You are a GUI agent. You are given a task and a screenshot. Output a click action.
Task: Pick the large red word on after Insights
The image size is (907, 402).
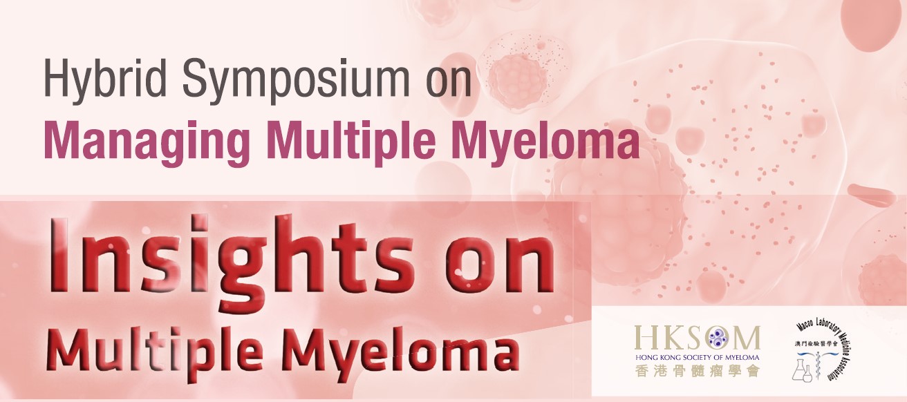tap(499, 264)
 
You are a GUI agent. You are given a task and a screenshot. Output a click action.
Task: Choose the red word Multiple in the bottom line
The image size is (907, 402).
tap(154, 351)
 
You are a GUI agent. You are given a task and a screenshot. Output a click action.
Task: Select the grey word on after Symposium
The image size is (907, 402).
tap(449, 83)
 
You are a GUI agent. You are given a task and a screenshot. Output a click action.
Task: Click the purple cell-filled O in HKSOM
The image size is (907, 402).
tap(718, 338)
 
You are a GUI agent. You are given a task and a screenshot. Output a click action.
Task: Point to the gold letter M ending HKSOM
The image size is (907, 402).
tap(747, 339)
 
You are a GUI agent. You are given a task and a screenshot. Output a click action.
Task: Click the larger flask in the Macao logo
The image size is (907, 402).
tap(799, 370)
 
